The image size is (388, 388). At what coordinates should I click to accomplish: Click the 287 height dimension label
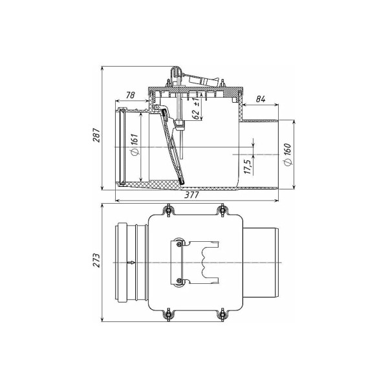96,135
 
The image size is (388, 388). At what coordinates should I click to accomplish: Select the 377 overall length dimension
192,195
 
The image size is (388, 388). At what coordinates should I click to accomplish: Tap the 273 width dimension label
96,260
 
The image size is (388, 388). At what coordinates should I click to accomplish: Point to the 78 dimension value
130,95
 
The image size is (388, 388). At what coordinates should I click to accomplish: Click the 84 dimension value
261,99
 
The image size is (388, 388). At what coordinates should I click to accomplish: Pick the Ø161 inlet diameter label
135,144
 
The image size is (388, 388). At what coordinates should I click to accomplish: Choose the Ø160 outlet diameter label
288,155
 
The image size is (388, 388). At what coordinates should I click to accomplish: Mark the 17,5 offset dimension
248,167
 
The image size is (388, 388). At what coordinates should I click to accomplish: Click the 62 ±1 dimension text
196,109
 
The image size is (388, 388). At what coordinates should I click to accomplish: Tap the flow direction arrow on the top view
131,263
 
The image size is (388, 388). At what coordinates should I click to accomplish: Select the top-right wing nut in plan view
222,210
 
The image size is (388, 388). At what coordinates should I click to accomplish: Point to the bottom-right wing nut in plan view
222,315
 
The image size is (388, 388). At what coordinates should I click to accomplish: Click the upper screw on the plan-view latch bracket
178,244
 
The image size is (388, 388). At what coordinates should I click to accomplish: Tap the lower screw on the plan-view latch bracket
178,281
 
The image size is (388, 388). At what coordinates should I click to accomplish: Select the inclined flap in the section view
172,147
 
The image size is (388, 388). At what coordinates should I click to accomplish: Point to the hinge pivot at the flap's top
156,107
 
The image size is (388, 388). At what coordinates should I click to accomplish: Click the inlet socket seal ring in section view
122,147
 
